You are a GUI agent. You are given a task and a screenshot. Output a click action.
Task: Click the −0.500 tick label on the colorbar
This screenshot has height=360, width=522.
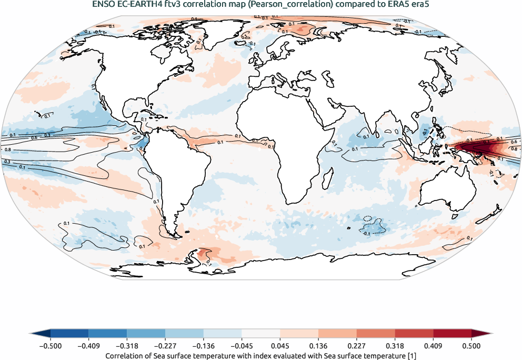[x=51, y=346]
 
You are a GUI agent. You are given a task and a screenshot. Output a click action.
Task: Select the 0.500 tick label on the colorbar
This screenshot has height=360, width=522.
[x=471, y=346]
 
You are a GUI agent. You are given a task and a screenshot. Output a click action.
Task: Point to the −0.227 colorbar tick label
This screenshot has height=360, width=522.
[x=165, y=346]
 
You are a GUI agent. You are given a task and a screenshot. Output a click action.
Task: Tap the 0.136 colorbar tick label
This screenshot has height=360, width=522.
[x=318, y=346]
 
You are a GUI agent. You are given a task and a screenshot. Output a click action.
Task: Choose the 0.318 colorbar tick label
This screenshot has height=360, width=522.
[x=395, y=346]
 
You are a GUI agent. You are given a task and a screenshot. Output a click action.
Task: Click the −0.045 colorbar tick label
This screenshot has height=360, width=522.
[x=242, y=346]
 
